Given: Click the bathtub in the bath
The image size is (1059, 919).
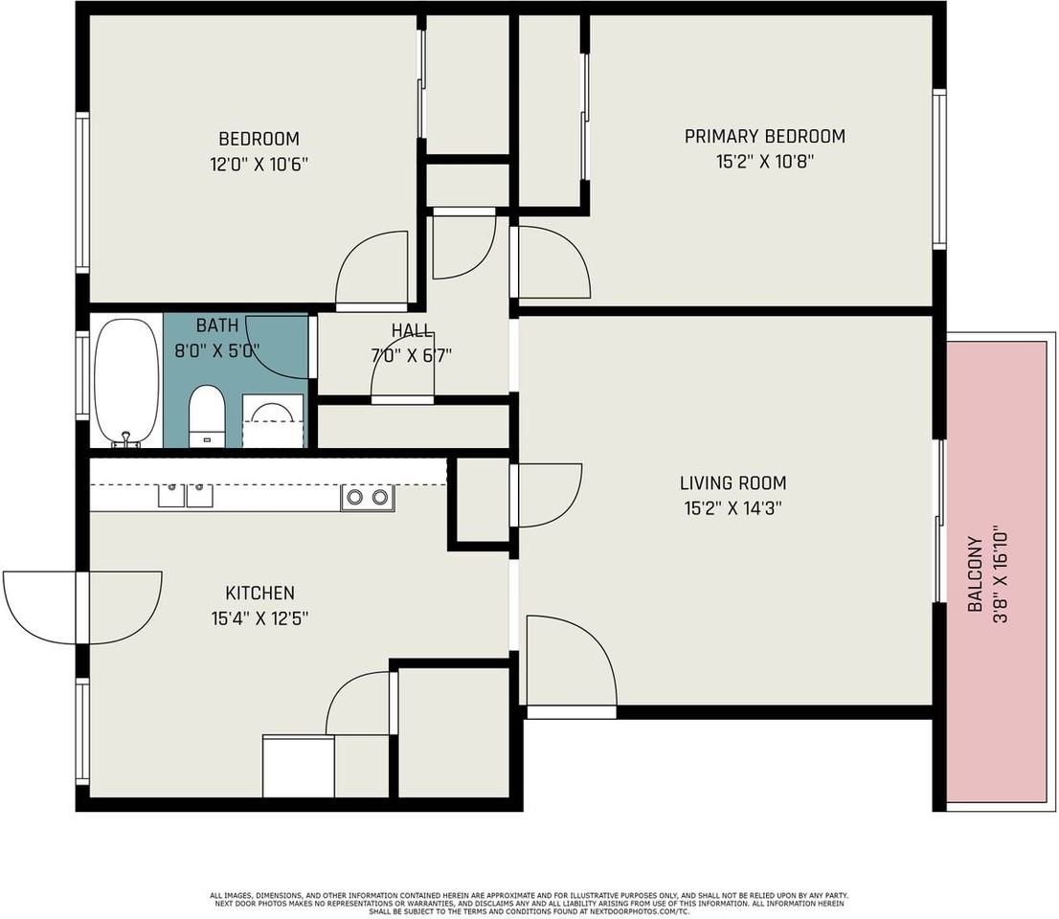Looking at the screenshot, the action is (x=126, y=382).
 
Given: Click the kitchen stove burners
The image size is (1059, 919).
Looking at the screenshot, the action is (x=368, y=498).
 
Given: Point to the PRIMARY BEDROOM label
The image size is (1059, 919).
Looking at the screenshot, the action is (x=764, y=136).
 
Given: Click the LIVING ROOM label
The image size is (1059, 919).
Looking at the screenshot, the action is (x=732, y=483).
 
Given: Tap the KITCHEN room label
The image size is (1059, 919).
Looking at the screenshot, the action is (x=259, y=593).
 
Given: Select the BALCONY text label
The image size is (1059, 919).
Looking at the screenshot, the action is (x=975, y=574).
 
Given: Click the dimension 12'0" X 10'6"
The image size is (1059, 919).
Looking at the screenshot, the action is (x=259, y=164).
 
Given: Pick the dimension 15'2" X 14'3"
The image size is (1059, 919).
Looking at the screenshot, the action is (x=732, y=508).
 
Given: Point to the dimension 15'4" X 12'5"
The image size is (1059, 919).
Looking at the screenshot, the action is (x=259, y=618).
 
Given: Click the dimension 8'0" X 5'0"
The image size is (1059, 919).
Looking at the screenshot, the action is (x=216, y=350).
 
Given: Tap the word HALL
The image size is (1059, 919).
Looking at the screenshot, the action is (x=412, y=331).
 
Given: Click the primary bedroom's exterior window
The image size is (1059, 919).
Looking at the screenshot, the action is (x=938, y=168).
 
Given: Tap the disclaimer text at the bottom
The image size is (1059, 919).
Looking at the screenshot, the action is (x=529, y=903).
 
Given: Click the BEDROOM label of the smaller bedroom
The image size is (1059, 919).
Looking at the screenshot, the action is (x=259, y=139).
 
